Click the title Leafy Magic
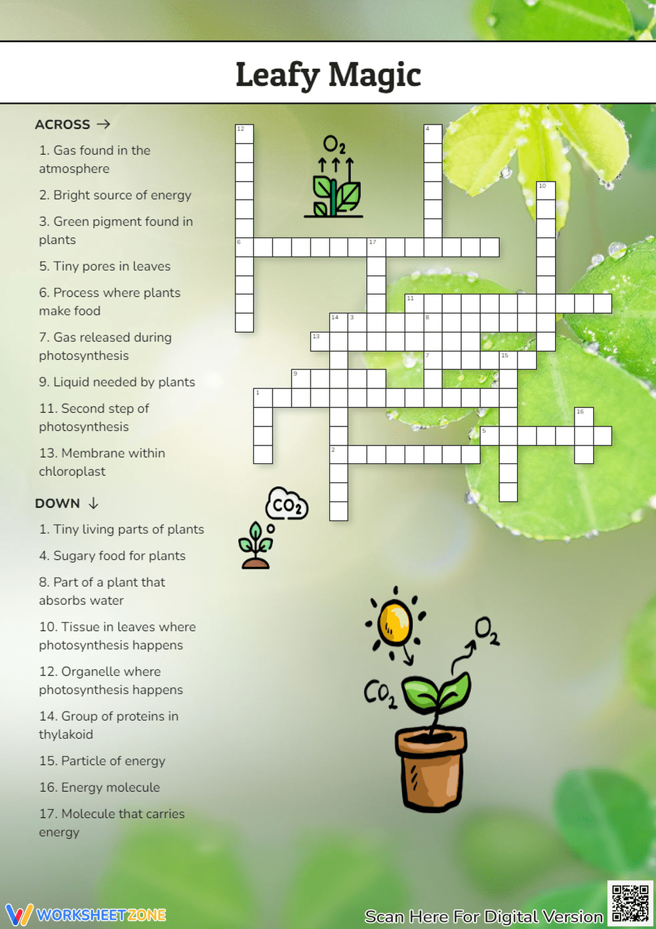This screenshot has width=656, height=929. click(328, 74)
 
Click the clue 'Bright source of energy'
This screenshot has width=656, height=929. click(115, 195)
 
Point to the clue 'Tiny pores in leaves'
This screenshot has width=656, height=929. click(105, 266)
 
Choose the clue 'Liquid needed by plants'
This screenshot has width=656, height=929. click(117, 382)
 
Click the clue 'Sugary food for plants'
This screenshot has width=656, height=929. click(112, 556)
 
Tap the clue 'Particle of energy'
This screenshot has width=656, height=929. click(102, 761)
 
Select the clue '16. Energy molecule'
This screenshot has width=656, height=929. click(100, 787)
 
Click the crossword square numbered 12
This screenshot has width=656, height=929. click(245, 134)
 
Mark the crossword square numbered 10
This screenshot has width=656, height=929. click(546, 191)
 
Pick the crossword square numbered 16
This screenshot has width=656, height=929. click(584, 417)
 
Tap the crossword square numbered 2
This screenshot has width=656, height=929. click(338, 455)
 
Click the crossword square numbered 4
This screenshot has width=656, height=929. click(432, 134)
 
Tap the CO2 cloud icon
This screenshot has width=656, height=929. click(286, 505)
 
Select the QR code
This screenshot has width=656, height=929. click(630, 903)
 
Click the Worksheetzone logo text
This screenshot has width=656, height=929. click(101, 915)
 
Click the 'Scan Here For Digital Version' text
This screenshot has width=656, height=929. click(483, 917)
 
